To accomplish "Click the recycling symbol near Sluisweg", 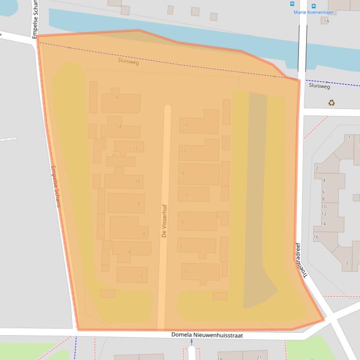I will tap(331, 102).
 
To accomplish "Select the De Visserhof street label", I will tap(164, 221).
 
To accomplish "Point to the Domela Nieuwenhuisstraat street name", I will tap(207, 335).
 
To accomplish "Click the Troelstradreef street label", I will tap(301, 260).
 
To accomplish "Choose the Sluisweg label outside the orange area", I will tap(319, 86).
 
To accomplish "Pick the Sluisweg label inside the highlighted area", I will tap(128, 62).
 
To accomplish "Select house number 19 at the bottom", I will tap(220, 358).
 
